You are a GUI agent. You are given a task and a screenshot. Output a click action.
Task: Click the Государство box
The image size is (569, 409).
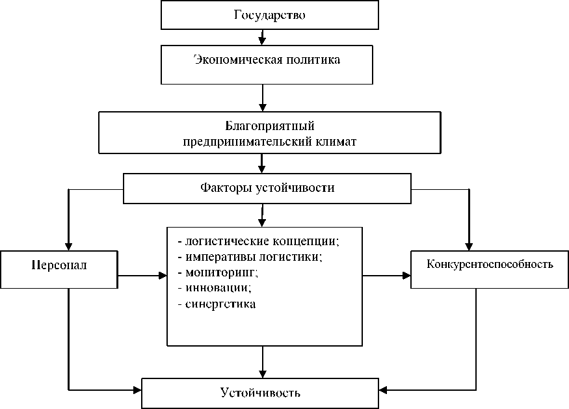(x=269, y=15)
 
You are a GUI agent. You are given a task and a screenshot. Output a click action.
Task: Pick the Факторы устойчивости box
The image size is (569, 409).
(x=267, y=189)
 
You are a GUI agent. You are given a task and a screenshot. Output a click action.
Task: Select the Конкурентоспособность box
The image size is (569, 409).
(x=490, y=265)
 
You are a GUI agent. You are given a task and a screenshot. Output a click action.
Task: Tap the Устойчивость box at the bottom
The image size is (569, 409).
(x=260, y=393)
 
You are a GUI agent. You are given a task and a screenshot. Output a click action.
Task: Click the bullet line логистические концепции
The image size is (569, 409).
(x=258, y=241)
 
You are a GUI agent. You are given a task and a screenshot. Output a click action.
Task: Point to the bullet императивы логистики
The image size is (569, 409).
(x=250, y=256)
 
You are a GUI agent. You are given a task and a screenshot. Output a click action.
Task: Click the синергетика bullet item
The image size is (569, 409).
(x=217, y=303)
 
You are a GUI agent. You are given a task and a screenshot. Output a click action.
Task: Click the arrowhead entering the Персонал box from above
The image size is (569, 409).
(x=68, y=244)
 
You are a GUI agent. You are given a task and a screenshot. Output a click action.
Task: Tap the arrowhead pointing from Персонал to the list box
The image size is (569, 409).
(x=162, y=276)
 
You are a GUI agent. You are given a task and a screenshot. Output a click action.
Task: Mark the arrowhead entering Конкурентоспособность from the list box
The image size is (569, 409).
(x=406, y=276)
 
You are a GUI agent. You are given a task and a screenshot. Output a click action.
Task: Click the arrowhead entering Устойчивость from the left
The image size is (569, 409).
(x=137, y=390)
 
